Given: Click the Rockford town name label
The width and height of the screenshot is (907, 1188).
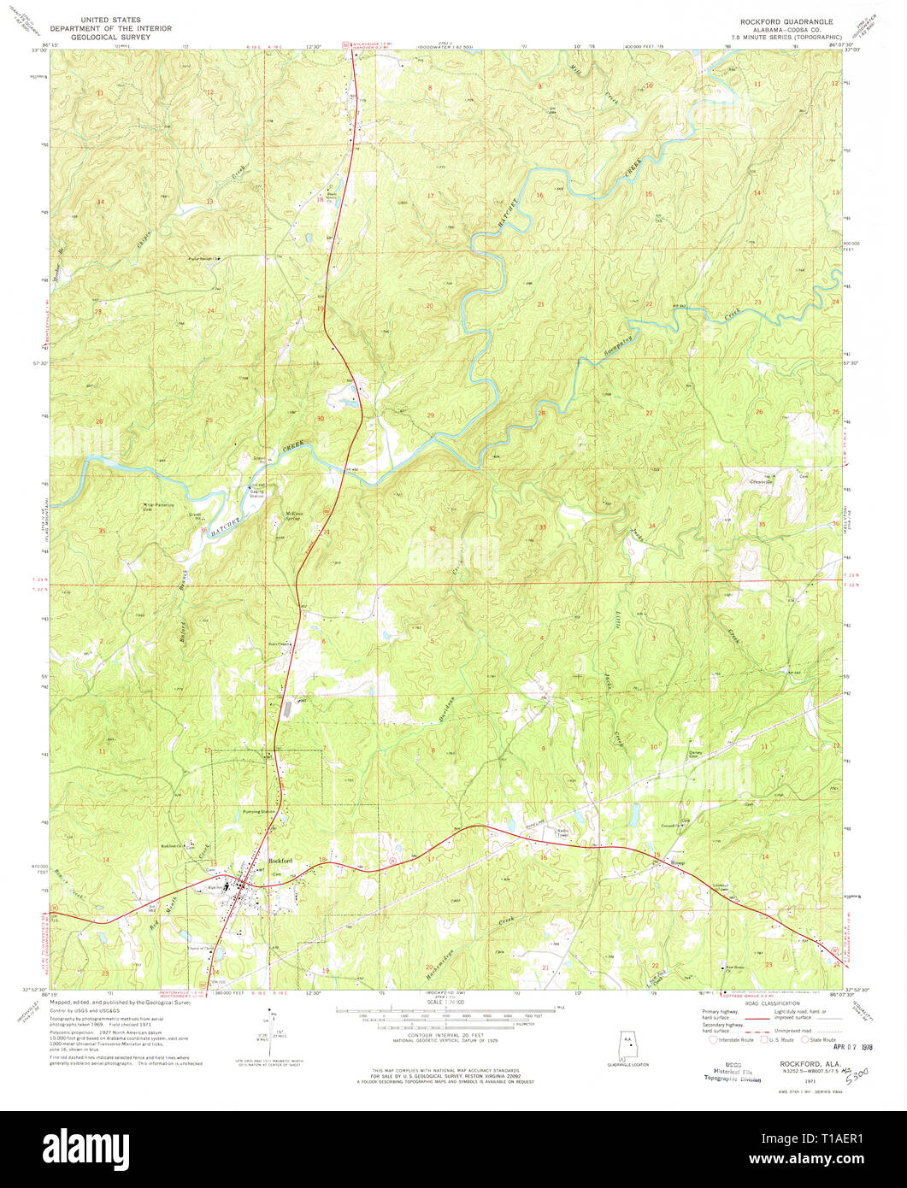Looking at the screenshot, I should [x=281, y=860].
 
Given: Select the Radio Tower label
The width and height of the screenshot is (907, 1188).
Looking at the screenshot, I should [x=564, y=832].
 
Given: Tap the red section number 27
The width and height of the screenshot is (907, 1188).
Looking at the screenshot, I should [x=649, y=413].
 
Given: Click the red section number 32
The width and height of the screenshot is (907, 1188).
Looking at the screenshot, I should [x=433, y=529].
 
